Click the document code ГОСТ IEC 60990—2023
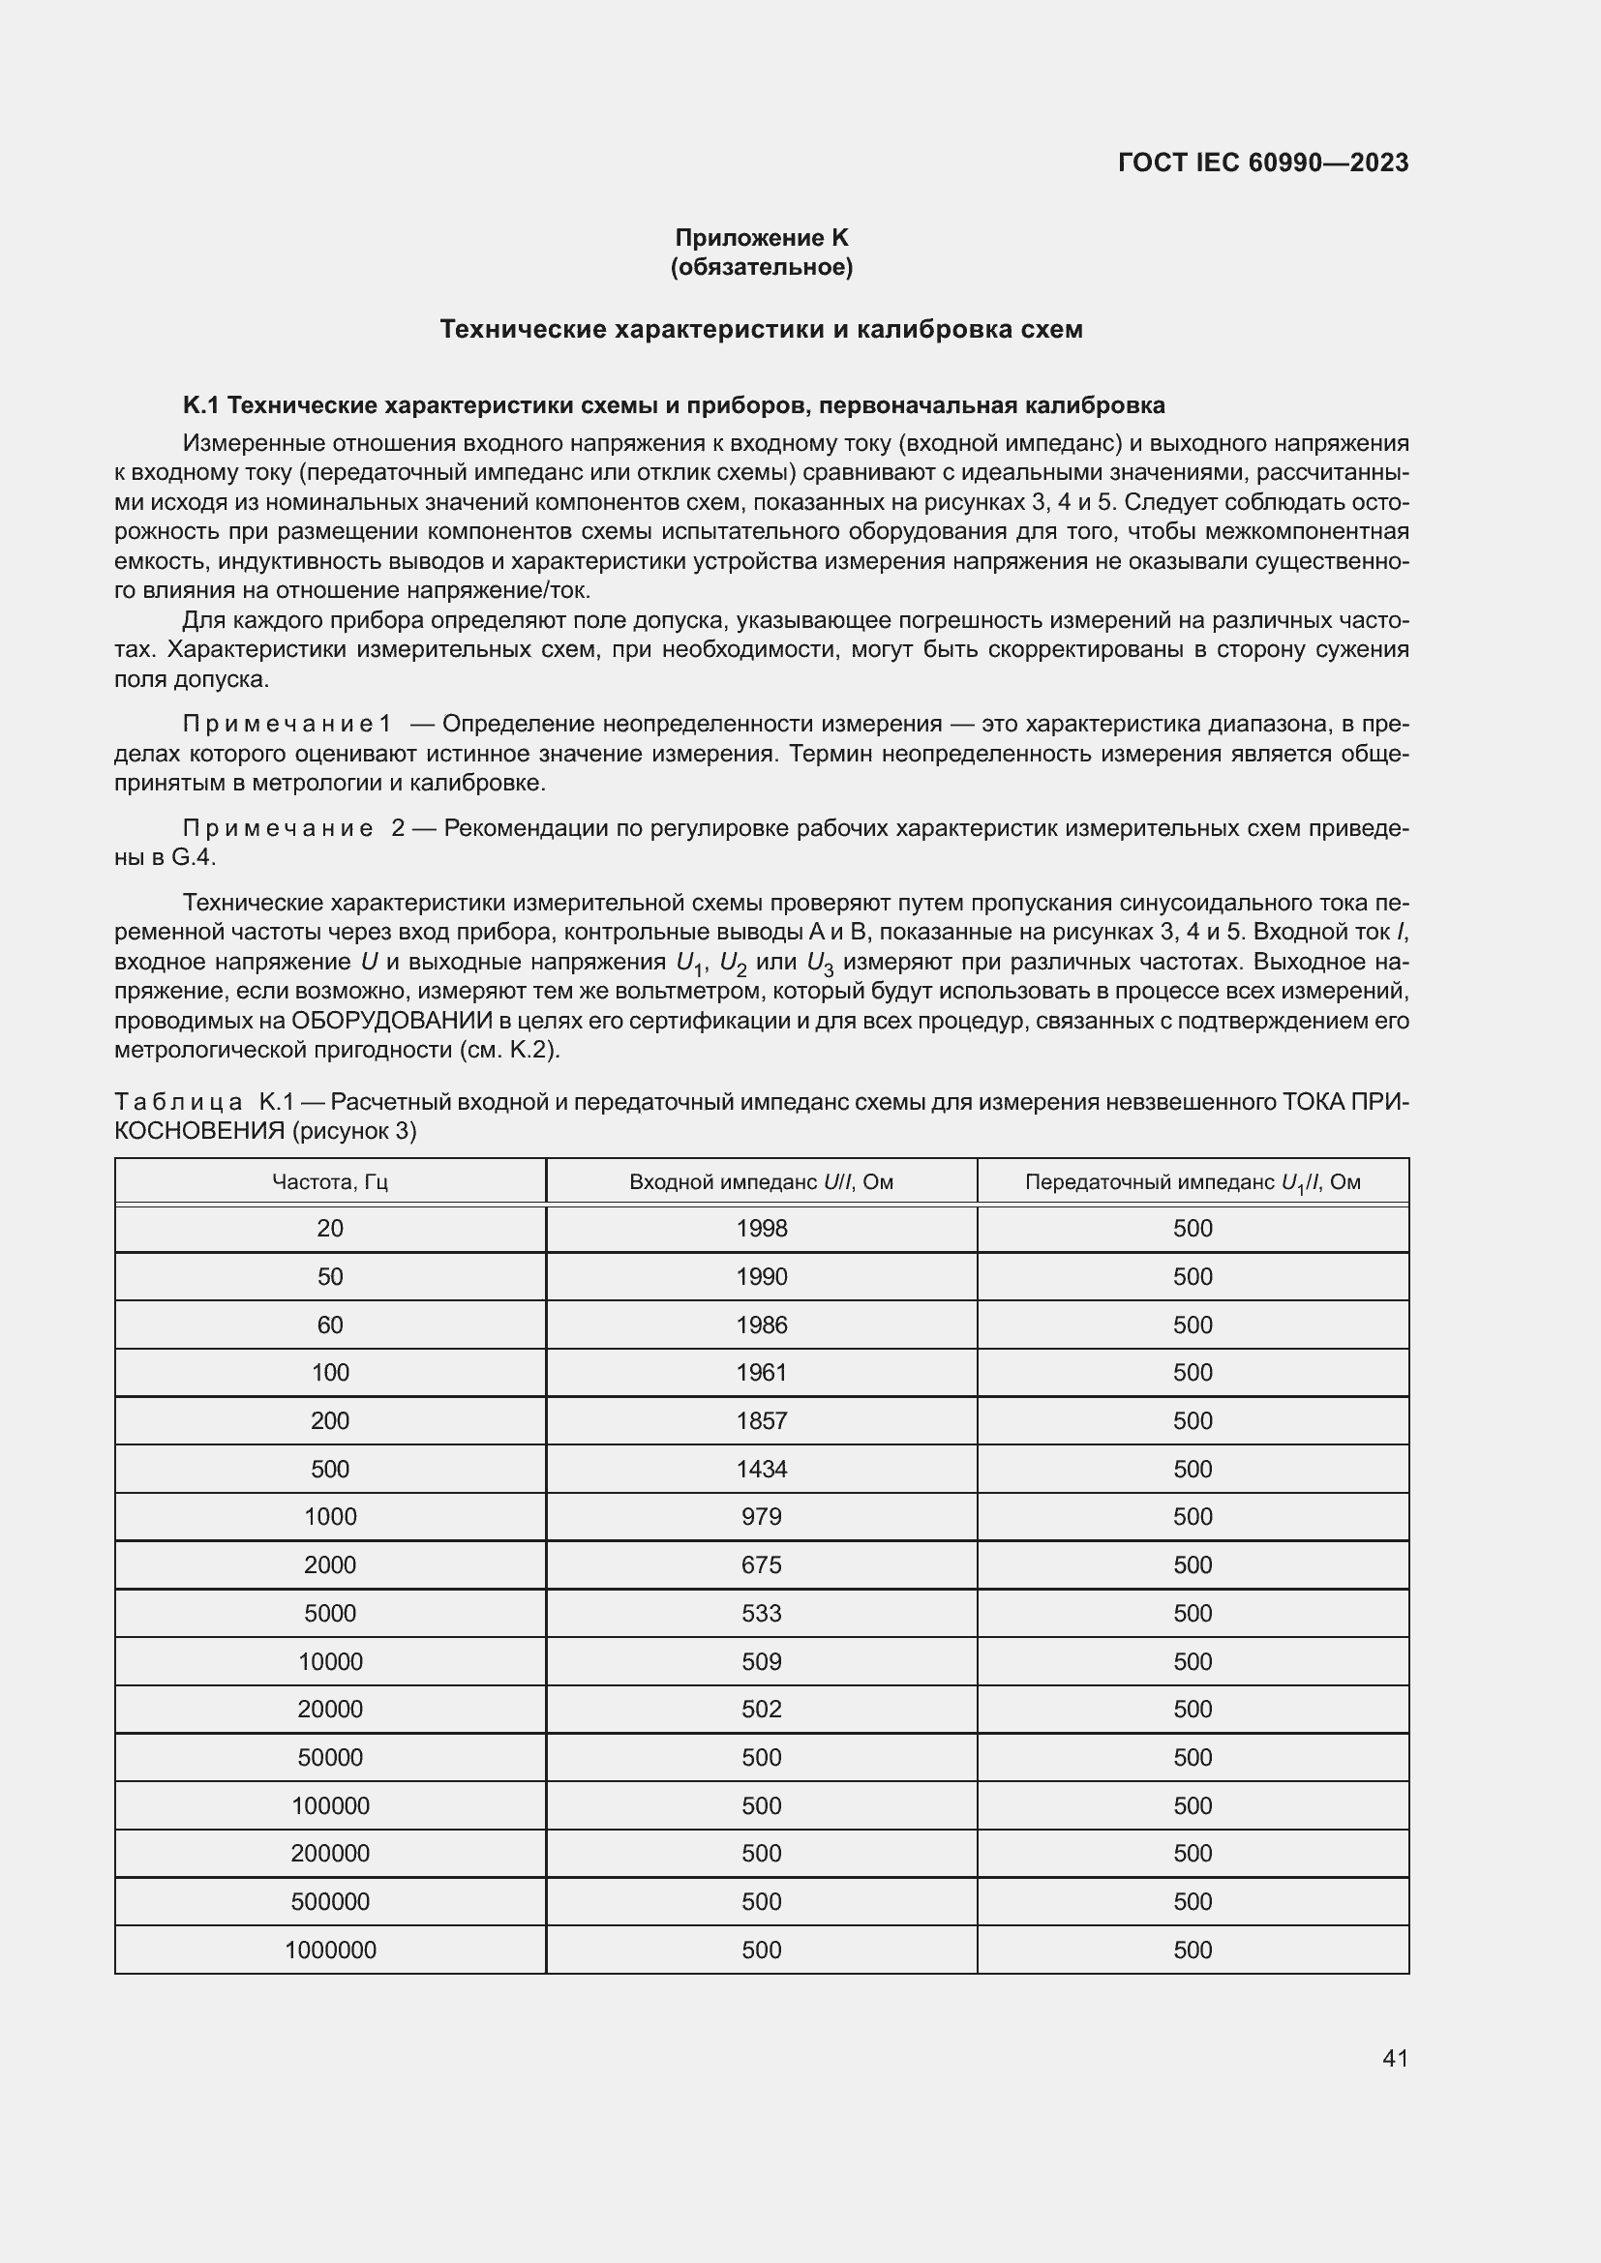coord(1263,163)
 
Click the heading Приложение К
coord(761,238)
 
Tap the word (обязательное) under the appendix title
coord(761,267)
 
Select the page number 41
coord(1395,2058)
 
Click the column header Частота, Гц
coord(330,1180)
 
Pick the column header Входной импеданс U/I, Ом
coord(761,1180)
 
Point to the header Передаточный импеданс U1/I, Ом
coord(1193,1181)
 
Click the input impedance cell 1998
coord(761,1228)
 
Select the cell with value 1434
coord(761,1469)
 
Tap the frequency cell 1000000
coord(330,1950)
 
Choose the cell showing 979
coord(761,1516)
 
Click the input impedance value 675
coord(761,1564)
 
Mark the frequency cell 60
coord(330,1325)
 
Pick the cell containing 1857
coord(761,1420)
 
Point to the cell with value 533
coord(761,1613)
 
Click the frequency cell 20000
coord(330,1708)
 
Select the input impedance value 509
coord(761,1661)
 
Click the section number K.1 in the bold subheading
coord(201,405)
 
